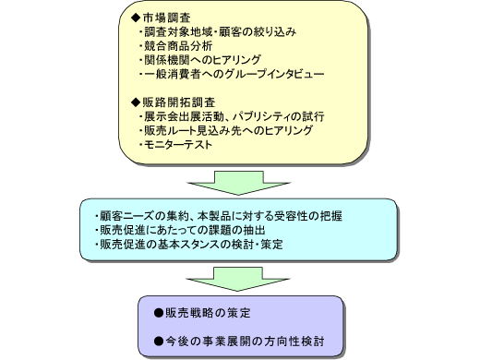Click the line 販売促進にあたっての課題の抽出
point(180,229)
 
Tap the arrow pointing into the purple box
point(239,277)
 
